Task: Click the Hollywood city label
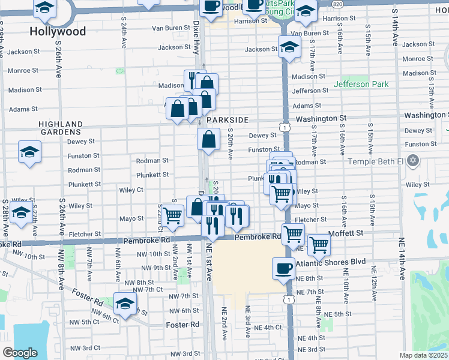tap(58, 31)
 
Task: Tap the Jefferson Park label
tap(361, 85)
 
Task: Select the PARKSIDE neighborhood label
tap(227, 121)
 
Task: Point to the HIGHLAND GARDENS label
tap(60, 127)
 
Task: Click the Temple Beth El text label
tap(375, 162)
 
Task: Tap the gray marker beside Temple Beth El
tap(412, 161)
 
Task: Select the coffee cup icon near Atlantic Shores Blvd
tap(283, 268)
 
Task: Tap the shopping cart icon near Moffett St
tap(319, 244)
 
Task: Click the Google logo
tap(20, 353)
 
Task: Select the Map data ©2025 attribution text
tap(424, 355)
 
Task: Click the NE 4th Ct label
tap(268, 328)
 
